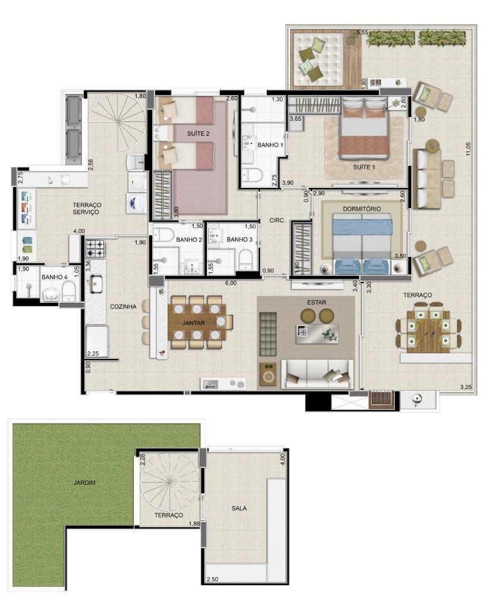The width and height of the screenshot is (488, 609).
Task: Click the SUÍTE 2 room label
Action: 198,134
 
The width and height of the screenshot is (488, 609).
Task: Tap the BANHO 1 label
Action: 270,145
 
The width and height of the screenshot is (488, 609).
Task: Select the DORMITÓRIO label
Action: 362,209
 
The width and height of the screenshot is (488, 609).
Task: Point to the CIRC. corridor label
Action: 277,220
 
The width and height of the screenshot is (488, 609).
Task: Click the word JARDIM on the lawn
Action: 84,483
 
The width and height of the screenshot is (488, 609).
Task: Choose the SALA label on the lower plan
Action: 239,508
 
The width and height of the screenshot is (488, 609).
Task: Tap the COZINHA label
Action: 123,306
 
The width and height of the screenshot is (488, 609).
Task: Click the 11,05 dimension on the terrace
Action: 468,149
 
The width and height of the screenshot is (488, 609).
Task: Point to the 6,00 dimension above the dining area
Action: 231,283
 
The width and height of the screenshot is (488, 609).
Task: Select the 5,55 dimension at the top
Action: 362,32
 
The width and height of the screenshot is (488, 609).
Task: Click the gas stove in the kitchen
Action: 96,249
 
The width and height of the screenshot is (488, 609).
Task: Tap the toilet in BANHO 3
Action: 246,259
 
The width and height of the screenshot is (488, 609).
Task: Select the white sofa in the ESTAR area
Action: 317,373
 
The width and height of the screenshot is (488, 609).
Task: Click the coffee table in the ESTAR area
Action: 317,334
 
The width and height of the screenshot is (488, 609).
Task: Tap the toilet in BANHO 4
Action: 69,291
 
